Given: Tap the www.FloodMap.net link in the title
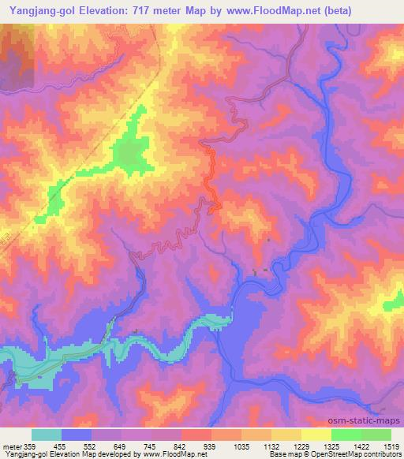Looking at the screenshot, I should pyautogui.click(x=258, y=10).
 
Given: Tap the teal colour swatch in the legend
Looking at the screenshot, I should pyautogui.click(x=47, y=435).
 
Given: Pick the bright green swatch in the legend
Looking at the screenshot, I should pyautogui.click(x=346, y=435).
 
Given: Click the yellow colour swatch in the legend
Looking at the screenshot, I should pyautogui.click(x=316, y=435).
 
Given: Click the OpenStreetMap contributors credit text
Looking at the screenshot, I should pyautogui.click(x=355, y=455).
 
